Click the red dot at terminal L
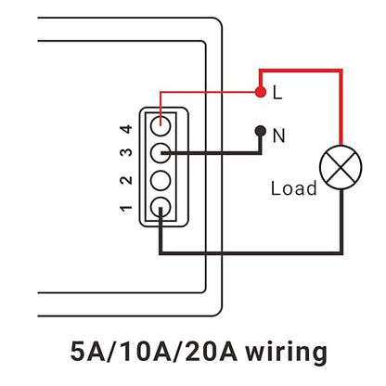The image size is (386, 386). (x=261, y=92)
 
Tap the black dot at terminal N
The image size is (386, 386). (x=261, y=131)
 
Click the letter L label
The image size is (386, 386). (x=277, y=92)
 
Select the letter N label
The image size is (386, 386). (x=278, y=135)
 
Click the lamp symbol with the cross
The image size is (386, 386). (x=341, y=167)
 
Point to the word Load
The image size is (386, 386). (x=294, y=188)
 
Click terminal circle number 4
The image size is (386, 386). (x=161, y=126)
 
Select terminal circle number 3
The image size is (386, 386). (x=161, y=153)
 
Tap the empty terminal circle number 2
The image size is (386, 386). (x=161, y=180)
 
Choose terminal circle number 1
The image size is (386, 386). (x=161, y=207)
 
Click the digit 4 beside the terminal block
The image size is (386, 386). (x=126, y=128)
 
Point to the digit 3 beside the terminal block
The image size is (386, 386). (x=126, y=153)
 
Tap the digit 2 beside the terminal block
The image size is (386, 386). (x=126, y=180)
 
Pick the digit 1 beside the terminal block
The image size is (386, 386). (x=126, y=208)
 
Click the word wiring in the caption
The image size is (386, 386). (x=286, y=353)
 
